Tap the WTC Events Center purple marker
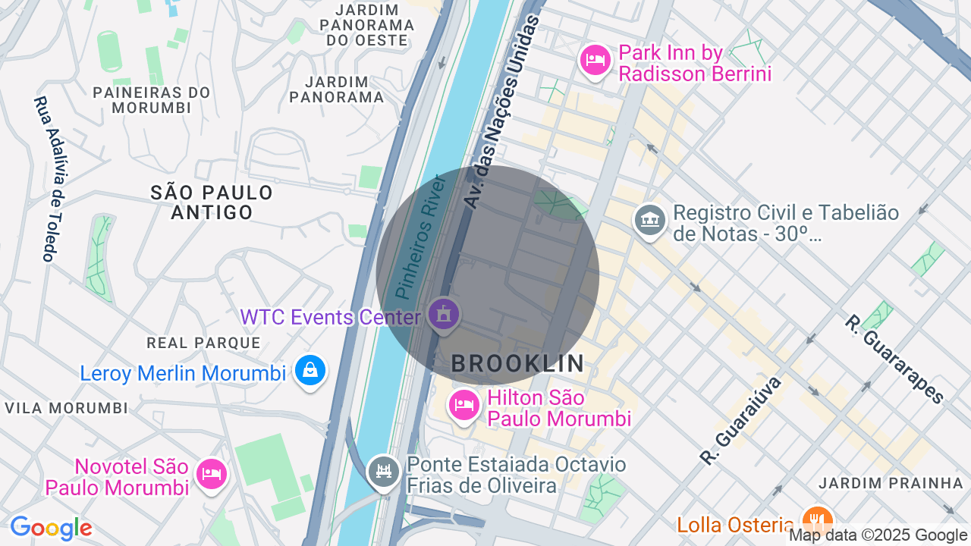click(444, 314)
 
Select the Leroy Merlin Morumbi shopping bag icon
click(310, 370)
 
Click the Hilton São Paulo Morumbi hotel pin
click(464, 405)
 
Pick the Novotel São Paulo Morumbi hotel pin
click(212, 474)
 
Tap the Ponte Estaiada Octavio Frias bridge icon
click(383, 472)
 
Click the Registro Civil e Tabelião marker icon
click(649, 221)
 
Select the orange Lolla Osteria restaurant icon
click(816, 522)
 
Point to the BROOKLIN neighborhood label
click(518, 364)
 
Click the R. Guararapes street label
click(894, 359)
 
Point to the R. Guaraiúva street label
click(740, 420)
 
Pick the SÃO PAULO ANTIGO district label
click(212, 202)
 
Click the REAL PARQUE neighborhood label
click(203, 343)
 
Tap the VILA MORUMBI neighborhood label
click(67, 408)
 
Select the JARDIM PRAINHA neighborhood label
click(891, 483)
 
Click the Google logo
click(51, 529)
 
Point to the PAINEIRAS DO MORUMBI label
click(152, 100)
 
